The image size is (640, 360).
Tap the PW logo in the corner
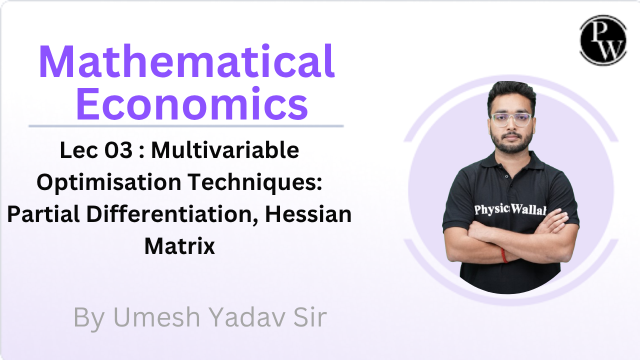point(603,40)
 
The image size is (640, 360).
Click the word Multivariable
point(225,150)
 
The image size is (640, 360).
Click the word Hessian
point(308,215)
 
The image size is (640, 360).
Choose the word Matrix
point(179,246)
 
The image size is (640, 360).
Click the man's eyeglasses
point(510,119)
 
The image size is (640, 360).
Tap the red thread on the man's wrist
point(504,255)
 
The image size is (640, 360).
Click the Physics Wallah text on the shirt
point(510,210)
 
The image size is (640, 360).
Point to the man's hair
point(511,92)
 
